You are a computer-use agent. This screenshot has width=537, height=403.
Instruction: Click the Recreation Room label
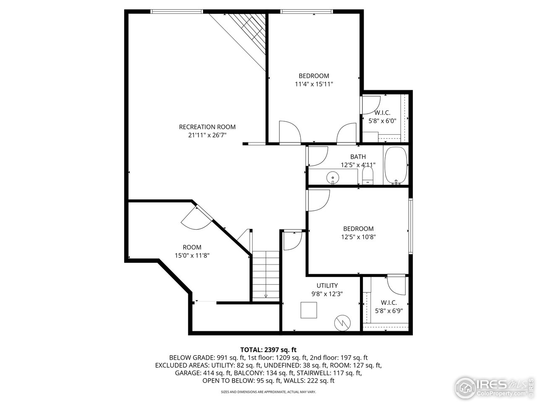(207, 127)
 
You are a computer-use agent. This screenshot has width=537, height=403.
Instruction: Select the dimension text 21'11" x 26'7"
(207, 135)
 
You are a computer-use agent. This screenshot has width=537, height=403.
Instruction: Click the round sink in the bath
(333, 178)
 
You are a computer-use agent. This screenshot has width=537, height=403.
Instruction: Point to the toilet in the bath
(368, 176)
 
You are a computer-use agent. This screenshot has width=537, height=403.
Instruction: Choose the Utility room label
(327, 285)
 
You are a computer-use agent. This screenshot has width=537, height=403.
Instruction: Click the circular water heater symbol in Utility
(341, 322)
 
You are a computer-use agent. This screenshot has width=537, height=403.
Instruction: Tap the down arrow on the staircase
(266, 295)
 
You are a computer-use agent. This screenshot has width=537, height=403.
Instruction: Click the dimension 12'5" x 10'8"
(358, 237)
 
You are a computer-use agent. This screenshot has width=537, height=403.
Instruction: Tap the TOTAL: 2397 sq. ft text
(268, 349)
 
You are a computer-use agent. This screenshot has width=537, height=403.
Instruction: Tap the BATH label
(358, 157)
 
